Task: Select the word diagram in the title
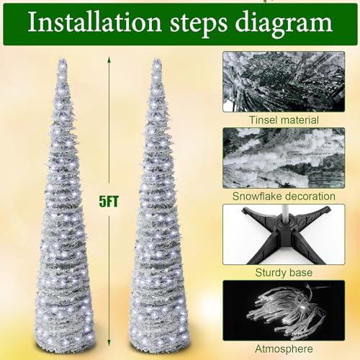click(x=284, y=24)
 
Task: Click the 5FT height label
click(x=109, y=202)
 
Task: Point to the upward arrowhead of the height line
click(x=109, y=59)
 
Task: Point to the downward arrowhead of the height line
click(x=109, y=343)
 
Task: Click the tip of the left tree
click(x=63, y=60)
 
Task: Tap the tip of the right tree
click(x=157, y=60)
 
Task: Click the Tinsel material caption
click(x=284, y=120)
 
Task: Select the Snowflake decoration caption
click(x=284, y=197)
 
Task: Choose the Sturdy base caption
click(x=284, y=273)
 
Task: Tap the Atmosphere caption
click(x=284, y=348)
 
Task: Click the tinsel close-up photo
click(x=284, y=81)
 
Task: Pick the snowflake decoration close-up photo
click(x=284, y=158)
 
